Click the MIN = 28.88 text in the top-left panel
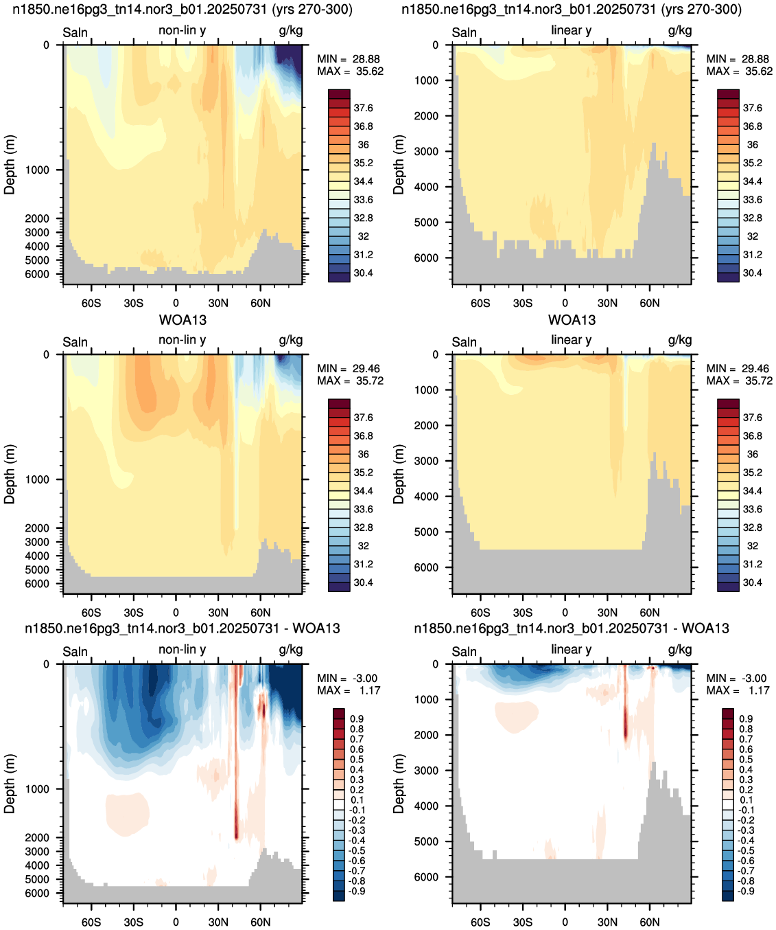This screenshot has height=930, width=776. tap(349, 59)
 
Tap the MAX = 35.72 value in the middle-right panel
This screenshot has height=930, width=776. tap(740, 381)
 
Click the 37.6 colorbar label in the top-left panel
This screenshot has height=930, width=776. tap(363, 108)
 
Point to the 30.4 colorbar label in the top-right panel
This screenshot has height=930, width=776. tap(753, 273)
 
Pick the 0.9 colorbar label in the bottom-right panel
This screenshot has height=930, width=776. tap(746, 718)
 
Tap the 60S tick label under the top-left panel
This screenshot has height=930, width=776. tap(91, 303)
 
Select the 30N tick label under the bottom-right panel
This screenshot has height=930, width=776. tap(607, 922)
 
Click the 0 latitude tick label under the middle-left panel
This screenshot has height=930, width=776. tap(176, 613)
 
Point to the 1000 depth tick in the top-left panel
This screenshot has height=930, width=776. tap(37, 170)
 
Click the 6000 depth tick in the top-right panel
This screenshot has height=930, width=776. tap(426, 258)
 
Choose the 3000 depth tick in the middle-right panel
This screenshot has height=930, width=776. tap(426, 461)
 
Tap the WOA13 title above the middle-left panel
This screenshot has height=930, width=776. tap(183, 320)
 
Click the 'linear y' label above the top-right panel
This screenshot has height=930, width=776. tap(572, 30)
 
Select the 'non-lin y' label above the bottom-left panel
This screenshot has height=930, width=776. tap(183, 649)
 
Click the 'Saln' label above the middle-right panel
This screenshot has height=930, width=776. tap(464, 341)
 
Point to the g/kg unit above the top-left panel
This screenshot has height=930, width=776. tap(291, 31)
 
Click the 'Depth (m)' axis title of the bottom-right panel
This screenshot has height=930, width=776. tap(399, 784)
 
